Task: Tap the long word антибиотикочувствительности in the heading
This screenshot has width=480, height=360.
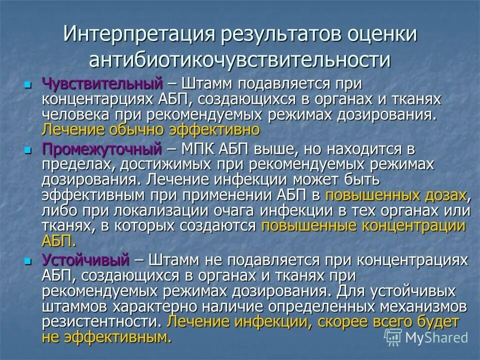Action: (239, 59)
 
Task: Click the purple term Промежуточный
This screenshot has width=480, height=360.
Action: (102, 148)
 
